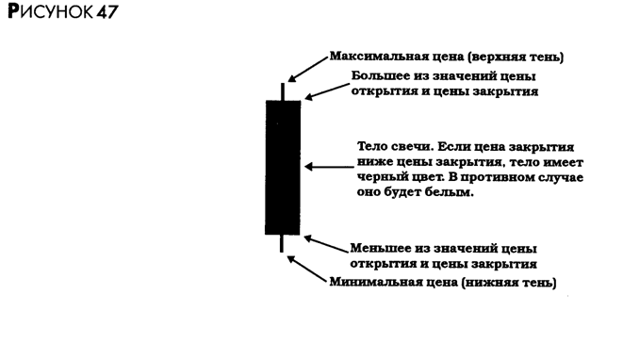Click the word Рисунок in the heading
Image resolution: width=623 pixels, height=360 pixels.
click(50, 11)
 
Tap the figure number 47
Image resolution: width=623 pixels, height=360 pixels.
click(107, 12)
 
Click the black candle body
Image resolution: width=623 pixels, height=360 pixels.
click(283, 168)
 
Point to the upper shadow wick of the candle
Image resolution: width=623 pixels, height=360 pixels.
click(283, 91)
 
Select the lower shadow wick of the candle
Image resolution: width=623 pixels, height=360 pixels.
click(282, 243)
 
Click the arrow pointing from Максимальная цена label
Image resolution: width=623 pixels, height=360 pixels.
click(307, 69)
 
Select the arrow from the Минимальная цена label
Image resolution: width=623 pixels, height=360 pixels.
click(306, 269)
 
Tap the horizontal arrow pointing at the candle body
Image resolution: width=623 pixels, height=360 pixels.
click(329, 167)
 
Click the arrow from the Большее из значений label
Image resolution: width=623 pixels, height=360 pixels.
click(327, 91)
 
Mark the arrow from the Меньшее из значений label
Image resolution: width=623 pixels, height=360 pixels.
click(326, 243)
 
